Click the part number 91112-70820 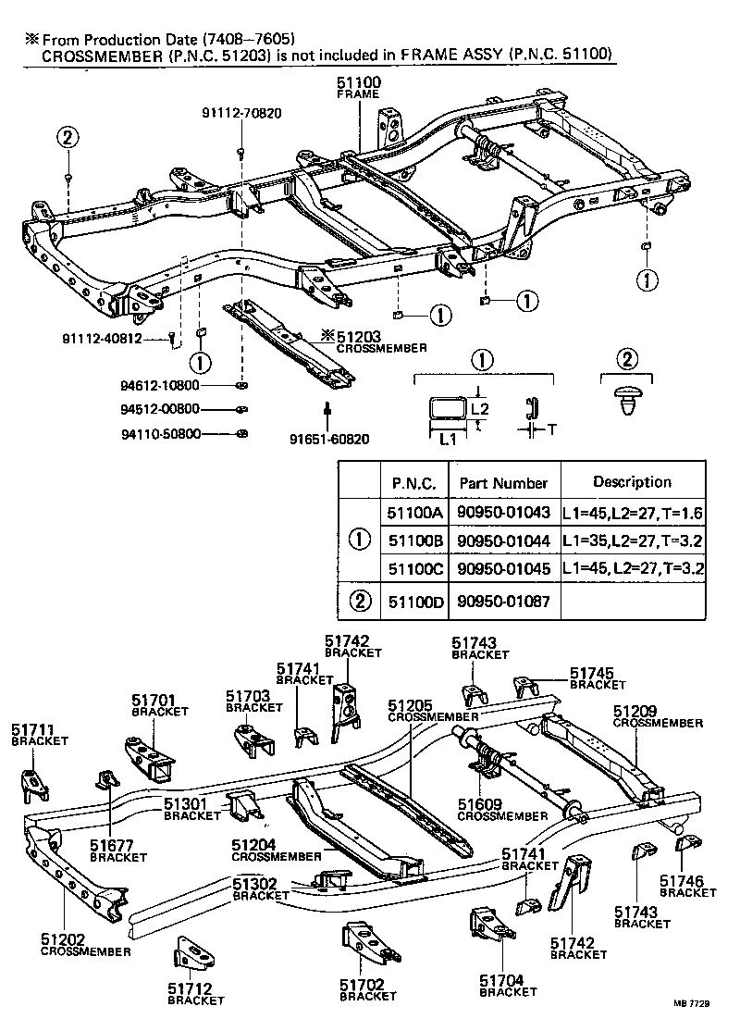(x=241, y=113)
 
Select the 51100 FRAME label (x=359, y=89)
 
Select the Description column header (x=632, y=482)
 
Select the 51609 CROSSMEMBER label (x=503, y=810)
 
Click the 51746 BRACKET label (x=687, y=886)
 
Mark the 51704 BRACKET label (x=508, y=985)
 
